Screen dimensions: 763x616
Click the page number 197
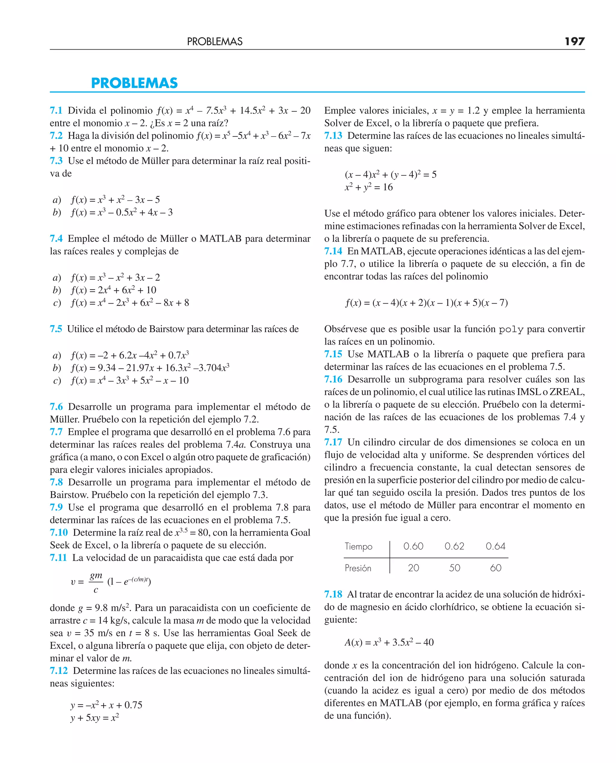click(x=574, y=42)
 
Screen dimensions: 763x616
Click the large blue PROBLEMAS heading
click(x=134, y=83)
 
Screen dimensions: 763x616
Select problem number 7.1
click(x=56, y=110)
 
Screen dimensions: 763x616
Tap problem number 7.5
click(x=56, y=329)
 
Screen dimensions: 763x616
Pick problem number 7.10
click(x=59, y=532)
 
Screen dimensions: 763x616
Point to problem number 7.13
click(x=333, y=136)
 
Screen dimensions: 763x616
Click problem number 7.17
click(x=333, y=442)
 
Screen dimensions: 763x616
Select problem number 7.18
click(x=333, y=594)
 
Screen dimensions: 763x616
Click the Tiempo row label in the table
click(x=359, y=546)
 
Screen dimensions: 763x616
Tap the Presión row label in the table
click(x=358, y=568)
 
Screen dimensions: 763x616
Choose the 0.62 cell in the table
click(x=454, y=546)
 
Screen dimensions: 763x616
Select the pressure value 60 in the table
click(x=495, y=568)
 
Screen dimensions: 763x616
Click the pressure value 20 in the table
click(x=413, y=568)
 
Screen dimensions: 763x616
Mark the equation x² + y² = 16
click(x=369, y=187)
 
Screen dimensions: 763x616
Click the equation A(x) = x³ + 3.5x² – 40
click(x=389, y=642)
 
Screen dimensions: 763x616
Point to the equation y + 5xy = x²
click(x=94, y=718)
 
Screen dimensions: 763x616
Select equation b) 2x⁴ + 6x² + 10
click(x=113, y=290)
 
